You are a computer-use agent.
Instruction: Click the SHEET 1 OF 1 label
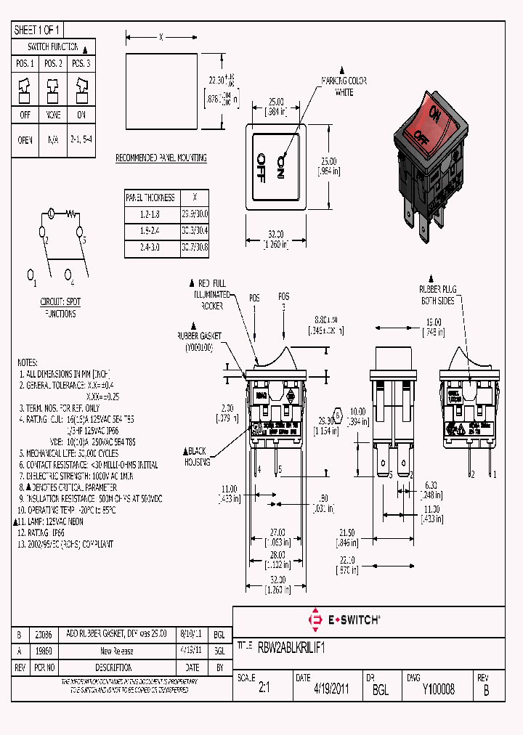coord(37,30)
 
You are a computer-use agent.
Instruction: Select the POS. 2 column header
coord(52,64)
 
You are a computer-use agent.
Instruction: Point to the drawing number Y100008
coord(438,690)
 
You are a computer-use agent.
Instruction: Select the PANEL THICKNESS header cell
coord(150,197)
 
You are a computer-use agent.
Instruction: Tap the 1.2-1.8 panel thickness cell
coord(150,214)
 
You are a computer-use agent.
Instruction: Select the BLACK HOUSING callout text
coord(197,456)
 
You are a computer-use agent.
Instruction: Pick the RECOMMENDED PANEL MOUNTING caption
coord(161,158)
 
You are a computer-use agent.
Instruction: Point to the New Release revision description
coord(116,651)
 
